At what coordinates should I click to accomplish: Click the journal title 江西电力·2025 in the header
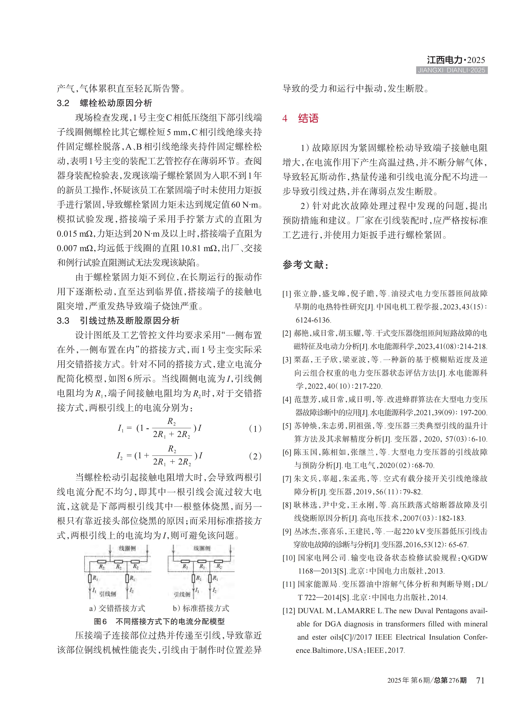click(456, 60)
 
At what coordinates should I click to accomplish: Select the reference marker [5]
click(287, 426)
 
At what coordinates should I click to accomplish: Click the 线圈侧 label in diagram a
click(127, 548)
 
